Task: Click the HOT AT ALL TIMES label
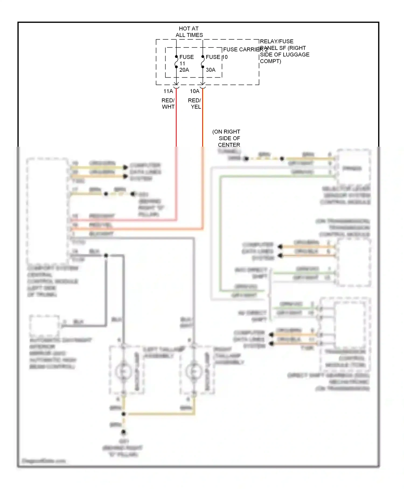(x=189, y=32)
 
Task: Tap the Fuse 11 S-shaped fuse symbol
(x=176, y=62)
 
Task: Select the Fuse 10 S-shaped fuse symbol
(x=203, y=62)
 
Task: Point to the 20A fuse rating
(x=184, y=70)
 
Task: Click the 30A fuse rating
(x=211, y=70)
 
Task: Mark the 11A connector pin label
(x=168, y=91)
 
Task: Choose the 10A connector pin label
(x=195, y=91)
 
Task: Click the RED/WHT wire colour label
(x=168, y=104)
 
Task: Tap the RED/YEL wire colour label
(x=195, y=104)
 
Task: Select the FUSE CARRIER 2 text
(x=245, y=50)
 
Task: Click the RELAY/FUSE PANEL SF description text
(x=284, y=51)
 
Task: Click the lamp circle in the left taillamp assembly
(x=123, y=371)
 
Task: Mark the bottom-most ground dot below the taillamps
(x=124, y=432)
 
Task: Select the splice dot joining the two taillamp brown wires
(x=124, y=414)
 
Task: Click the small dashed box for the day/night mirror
(x=44, y=325)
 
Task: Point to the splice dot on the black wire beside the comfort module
(x=106, y=255)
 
